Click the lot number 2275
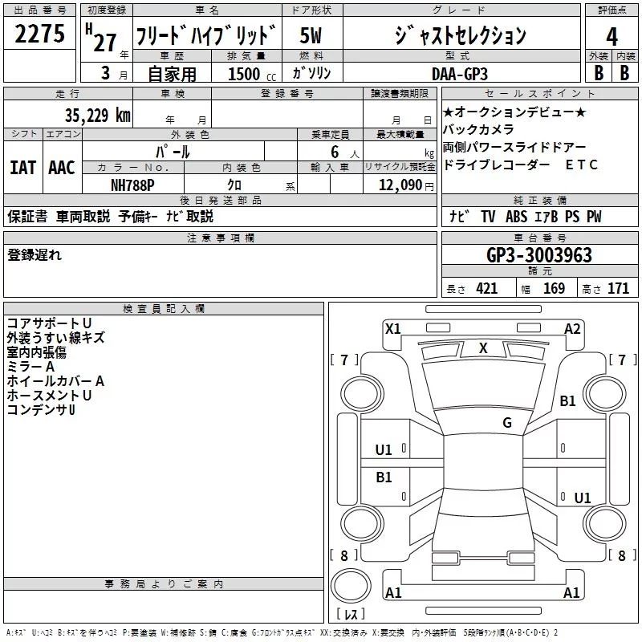pos(40,35)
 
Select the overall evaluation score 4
pos(612,36)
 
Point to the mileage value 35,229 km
pos(97,116)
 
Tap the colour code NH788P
pos(133,184)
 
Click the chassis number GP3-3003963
pos(539,255)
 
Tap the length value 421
pos(486,289)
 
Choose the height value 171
pos(618,289)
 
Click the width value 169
pos(554,289)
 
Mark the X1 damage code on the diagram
pos(392,328)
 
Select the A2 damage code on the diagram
pos(572,328)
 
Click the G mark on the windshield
pos(506,423)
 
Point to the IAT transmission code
pos(22,167)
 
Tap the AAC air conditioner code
pos(61,167)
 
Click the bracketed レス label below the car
pos(350,615)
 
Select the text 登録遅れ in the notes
pos(35,255)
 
